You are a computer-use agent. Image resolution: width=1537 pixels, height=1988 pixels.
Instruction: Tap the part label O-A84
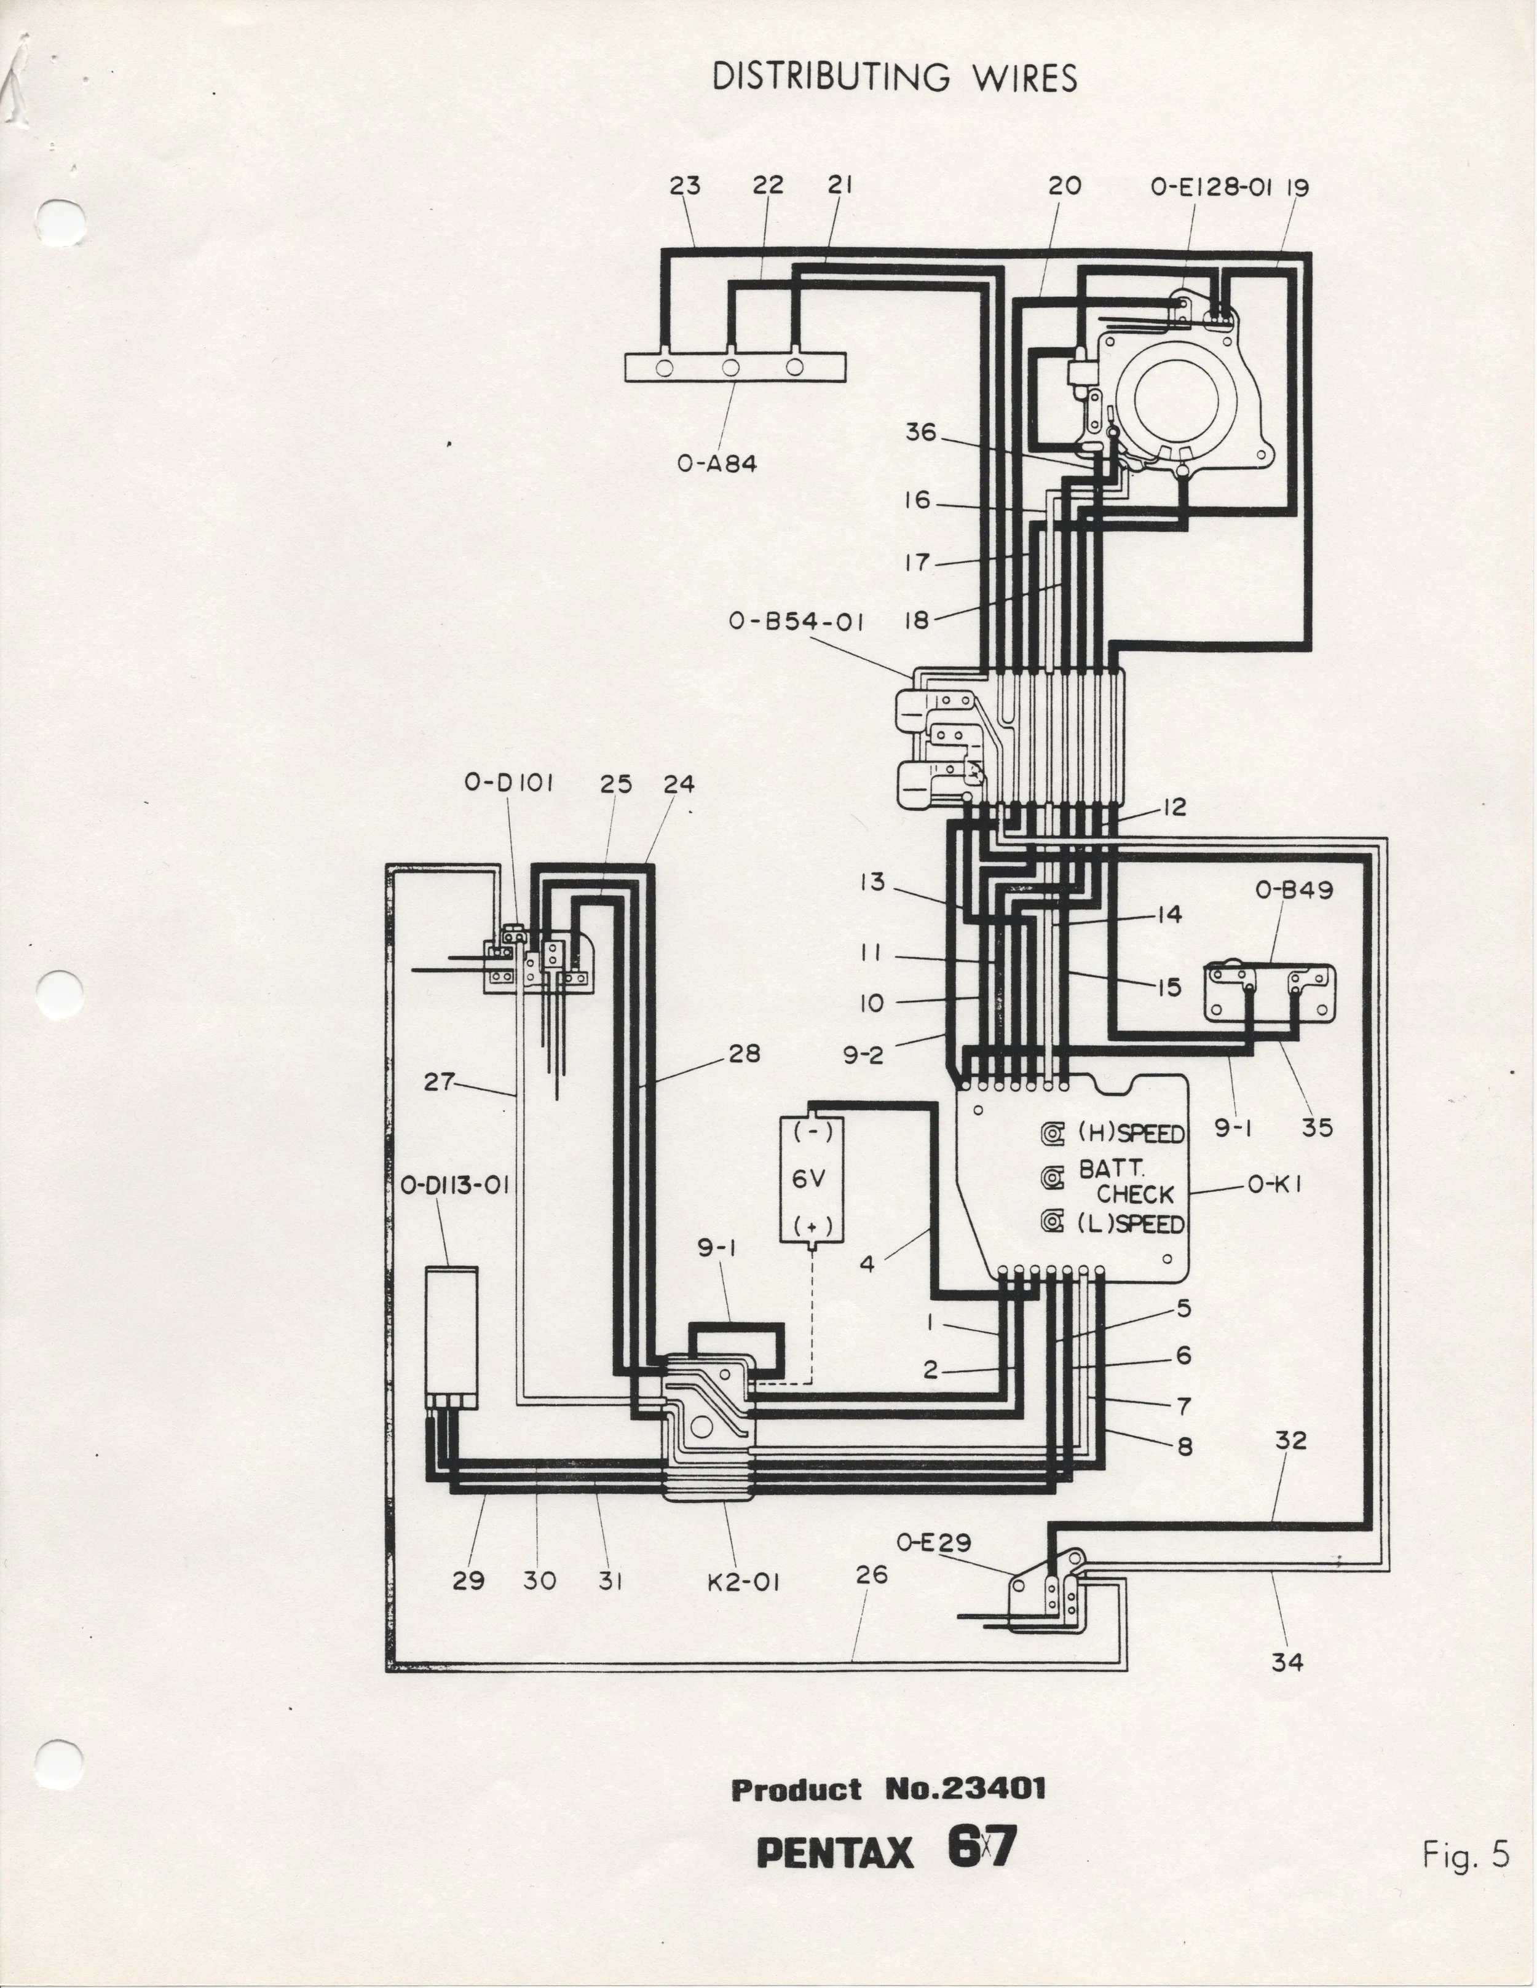[x=717, y=463]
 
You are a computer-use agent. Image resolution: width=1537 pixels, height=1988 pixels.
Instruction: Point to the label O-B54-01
[x=796, y=621]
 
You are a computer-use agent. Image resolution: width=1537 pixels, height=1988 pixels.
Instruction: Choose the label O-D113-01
[x=454, y=1185]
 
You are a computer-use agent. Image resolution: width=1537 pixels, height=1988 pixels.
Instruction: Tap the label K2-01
[x=744, y=1582]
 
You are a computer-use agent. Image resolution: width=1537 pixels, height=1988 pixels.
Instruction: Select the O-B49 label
[x=1294, y=889]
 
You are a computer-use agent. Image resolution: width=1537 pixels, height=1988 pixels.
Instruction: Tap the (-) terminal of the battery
[x=808, y=1132]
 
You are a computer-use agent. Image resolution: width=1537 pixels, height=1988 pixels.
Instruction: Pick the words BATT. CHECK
[x=1126, y=1181]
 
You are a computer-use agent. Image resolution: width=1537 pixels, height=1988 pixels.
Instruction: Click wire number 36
[x=920, y=432]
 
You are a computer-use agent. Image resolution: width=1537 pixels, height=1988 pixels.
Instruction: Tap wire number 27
[x=439, y=1083]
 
